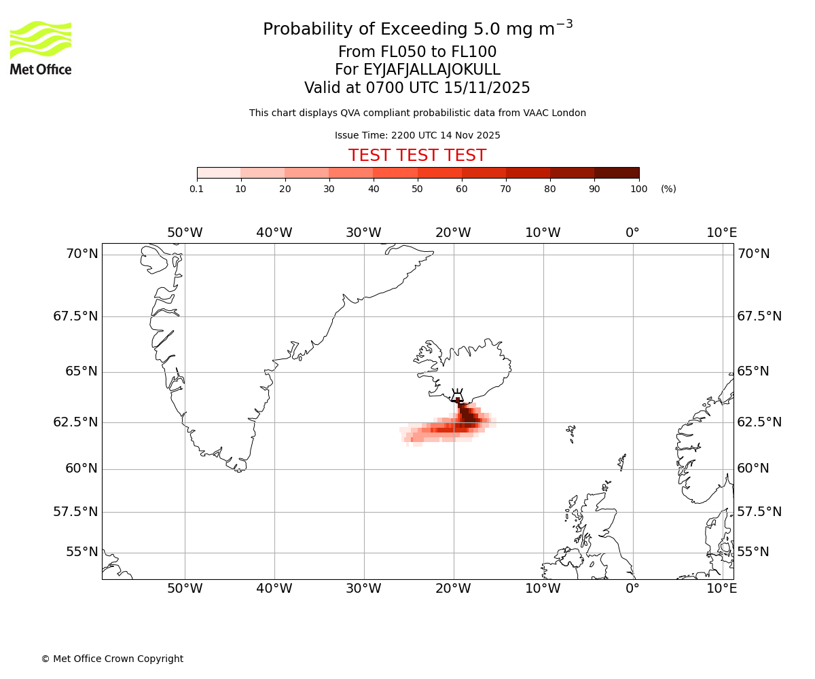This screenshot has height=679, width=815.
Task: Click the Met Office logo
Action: click(x=41, y=48)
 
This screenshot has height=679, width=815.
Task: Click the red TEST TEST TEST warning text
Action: click(x=417, y=155)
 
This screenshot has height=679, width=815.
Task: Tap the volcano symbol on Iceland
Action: click(x=457, y=395)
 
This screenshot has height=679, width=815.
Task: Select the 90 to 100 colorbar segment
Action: click(x=617, y=173)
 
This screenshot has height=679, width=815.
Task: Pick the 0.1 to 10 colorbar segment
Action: click(x=219, y=173)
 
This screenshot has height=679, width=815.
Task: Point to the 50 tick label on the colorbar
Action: click(x=418, y=189)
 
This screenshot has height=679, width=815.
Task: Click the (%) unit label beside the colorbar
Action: click(x=668, y=189)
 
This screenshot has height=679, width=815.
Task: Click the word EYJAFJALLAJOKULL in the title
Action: click(x=433, y=70)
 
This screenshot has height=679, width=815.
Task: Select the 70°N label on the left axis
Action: click(x=81, y=254)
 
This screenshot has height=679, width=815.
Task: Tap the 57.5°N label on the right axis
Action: click(x=759, y=511)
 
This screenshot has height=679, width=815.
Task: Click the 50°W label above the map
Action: click(x=185, y=233)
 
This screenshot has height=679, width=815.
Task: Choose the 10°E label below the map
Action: click(x=721, y=588)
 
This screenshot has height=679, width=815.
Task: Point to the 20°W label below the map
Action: click(x=453, y=588)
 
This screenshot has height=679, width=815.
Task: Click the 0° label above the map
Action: click(x=632, y=233)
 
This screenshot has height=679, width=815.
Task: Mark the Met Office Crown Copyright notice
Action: click(x=112, y=659)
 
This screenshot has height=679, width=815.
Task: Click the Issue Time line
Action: click(x=417, y=135)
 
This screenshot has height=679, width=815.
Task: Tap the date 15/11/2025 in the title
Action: click(x=487, y=88)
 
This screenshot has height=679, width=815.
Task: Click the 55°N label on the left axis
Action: click(x=81, y=551)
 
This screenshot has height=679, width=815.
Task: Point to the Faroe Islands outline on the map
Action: click(x=571, y=432)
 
